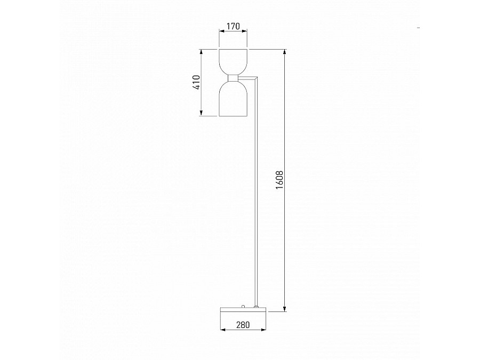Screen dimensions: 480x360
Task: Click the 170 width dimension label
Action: coord(233,26)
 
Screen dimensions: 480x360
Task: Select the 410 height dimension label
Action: coord(196,82)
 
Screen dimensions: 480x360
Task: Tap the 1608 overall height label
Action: coord(279,180)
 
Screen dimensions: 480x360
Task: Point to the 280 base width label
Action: coord(243,325)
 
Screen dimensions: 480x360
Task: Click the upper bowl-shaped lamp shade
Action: coord(233,61)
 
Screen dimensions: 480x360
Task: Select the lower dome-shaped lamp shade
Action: coord(233,99)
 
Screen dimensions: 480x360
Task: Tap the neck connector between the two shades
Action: coord(233,78)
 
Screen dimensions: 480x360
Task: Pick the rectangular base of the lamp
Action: coord(243,309)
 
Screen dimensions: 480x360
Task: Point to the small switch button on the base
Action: coord(243,306)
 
